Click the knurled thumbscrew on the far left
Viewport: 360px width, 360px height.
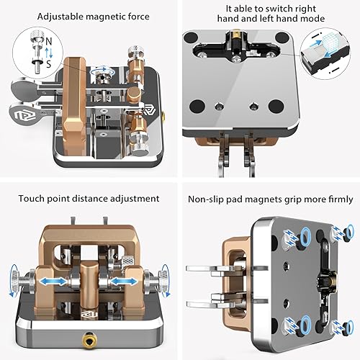coord(20,279)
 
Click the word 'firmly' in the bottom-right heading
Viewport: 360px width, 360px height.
coord(337,199)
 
